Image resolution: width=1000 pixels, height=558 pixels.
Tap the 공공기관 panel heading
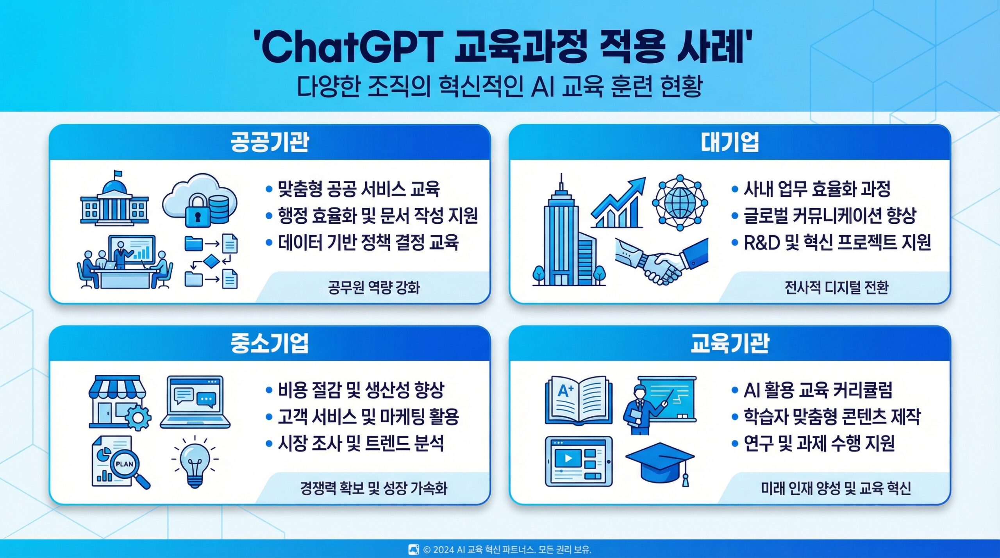(270, 142)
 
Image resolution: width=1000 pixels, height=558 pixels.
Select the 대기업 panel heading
(730, 142)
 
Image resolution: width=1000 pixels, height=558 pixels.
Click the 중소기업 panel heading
(270, 343)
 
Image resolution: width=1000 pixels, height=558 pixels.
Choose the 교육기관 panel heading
(730, 343)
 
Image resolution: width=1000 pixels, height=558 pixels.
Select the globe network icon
(680, 203)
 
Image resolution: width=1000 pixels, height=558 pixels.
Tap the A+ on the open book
(565, 390)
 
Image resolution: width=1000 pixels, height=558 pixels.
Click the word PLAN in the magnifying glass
(125, 464)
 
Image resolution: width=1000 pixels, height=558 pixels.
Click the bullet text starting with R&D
(837, 242)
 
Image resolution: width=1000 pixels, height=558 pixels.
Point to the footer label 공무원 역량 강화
(374, 288)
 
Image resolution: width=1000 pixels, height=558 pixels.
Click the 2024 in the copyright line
(443, 550)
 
